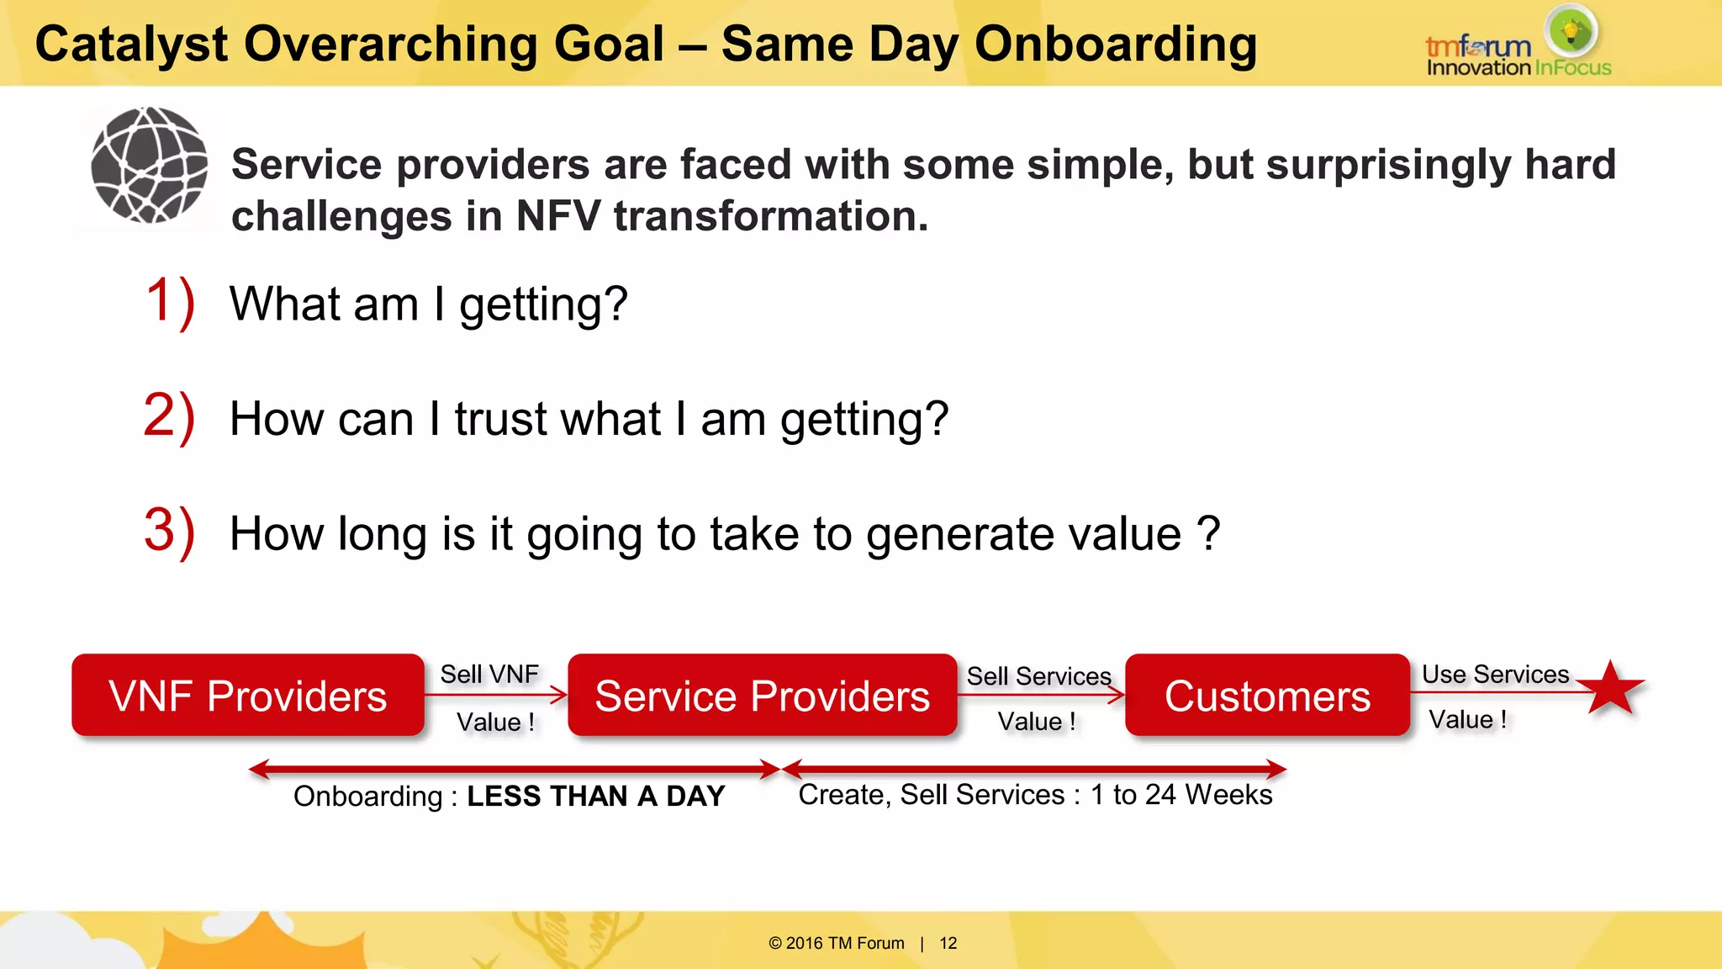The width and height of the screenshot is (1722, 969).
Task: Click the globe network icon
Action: (150, 165)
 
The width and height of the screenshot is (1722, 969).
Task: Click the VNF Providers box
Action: (248, 696)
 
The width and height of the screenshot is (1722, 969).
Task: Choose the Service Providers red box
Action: (762, 696)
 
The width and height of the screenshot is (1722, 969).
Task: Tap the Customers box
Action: (1267, 696)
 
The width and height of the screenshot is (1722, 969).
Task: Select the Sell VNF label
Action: (489, 674)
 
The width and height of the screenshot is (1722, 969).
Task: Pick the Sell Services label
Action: (1038, 676)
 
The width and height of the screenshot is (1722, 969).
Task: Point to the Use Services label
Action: (1495, 674)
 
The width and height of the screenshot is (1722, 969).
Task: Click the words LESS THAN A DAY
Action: (595, 796)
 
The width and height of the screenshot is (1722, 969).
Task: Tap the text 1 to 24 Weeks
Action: (1181, 794)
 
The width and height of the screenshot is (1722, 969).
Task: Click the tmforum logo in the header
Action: (1478, 47)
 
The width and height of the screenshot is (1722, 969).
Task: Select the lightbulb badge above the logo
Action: (1571, 30)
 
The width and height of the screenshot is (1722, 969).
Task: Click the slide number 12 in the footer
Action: (948, 943)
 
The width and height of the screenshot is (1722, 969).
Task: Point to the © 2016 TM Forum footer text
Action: (837, 943)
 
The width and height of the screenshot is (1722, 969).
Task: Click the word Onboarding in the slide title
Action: (1116, 44)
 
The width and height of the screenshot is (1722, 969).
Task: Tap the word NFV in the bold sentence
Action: (558, 216)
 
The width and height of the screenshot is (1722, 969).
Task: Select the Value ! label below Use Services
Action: (1467, 719)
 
